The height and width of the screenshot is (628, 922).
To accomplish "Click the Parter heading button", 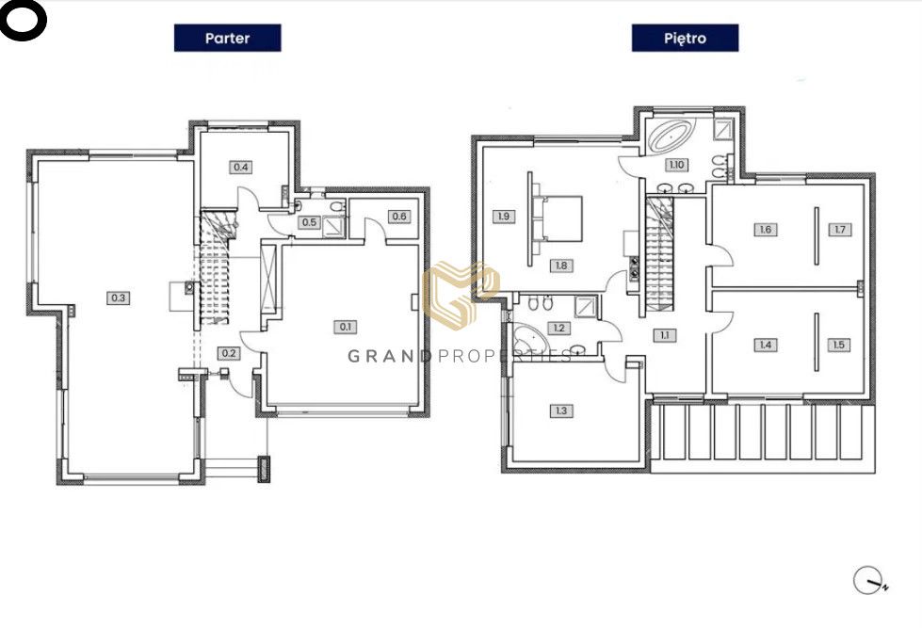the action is click(228, 39).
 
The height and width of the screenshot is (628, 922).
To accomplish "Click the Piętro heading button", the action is click(685, 39).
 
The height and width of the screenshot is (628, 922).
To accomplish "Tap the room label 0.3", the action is click(118, 298).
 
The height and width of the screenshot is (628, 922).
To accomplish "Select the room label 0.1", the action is click(346, 327).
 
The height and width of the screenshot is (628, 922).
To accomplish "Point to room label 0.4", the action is click(240, 167).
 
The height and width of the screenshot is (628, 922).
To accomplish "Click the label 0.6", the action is click(399, 217).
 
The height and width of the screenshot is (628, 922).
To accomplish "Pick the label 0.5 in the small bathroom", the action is click(309, 223).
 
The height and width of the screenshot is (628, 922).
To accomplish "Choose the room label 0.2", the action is click(229, 353).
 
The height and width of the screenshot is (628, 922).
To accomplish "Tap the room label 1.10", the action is click(676, 165).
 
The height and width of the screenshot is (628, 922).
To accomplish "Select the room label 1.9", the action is click(504, 217).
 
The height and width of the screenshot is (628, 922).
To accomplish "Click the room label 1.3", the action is click(561, 411).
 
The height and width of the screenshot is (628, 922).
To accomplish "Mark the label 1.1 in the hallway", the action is click(665, 335).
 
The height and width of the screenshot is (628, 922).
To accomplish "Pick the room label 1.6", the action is click(765, 230).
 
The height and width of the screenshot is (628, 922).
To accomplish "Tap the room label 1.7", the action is click(840, 230).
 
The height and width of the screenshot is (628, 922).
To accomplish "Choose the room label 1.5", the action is click(838, 345).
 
